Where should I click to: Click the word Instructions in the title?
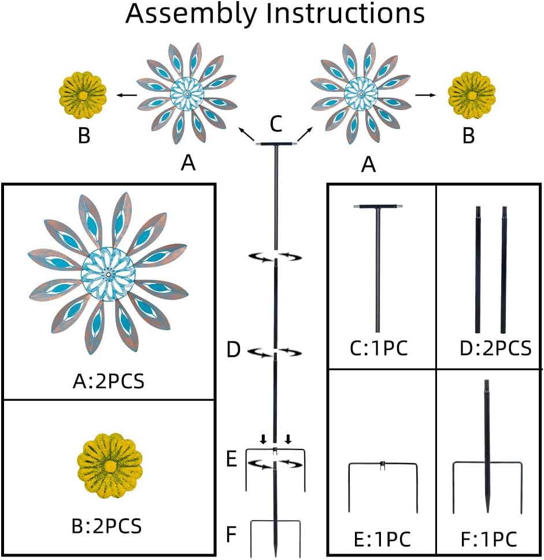[x=345, y=14]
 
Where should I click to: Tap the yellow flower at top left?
[x=83, y=94]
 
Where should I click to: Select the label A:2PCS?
[x=110, y=381]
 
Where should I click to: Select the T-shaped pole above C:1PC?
[x=379, y=266]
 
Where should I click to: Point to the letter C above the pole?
[x=276, y=123]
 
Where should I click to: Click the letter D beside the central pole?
[x=233, y=350]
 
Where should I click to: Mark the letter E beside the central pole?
[x=231, y=460]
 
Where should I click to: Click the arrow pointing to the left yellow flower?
[x=128, y=94]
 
